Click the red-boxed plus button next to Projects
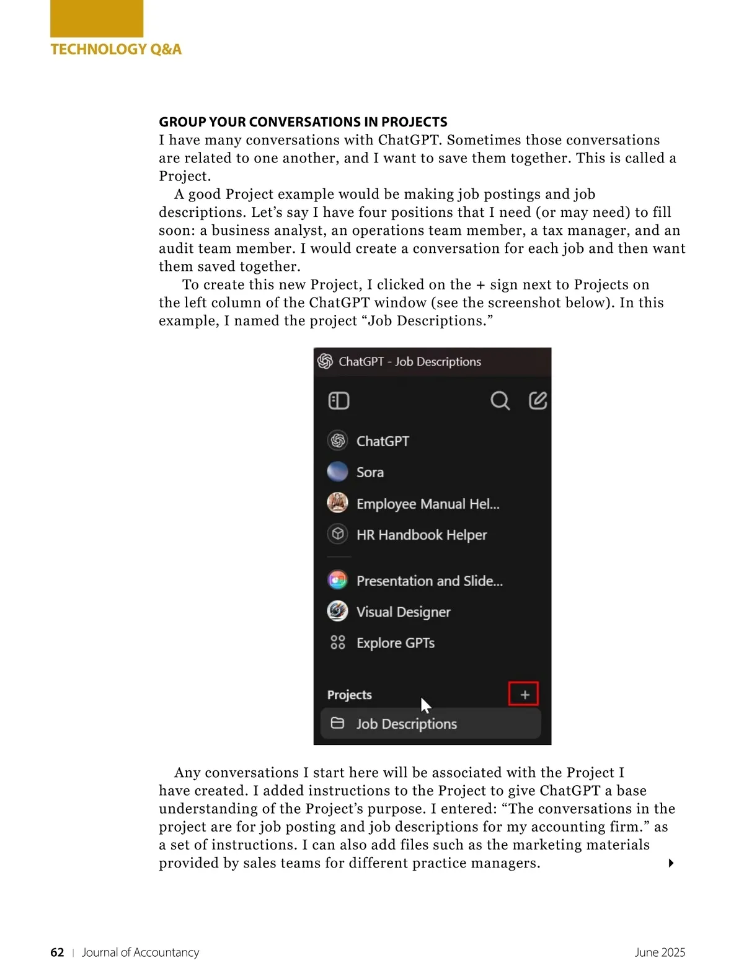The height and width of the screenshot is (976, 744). click(524, 694)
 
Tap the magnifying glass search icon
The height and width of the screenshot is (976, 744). click(500, 401)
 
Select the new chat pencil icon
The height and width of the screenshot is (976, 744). click(538, 401)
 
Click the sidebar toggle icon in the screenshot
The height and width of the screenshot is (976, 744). click(339, 401)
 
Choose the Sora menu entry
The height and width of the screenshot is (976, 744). click(370, 472)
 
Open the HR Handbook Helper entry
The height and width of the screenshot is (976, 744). click(422, 535)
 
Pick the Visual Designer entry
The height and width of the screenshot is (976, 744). click(403, 612)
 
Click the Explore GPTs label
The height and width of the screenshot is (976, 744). click(396, 643)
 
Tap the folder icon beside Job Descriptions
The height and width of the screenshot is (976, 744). click(337, 723)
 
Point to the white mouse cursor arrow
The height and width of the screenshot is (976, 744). click(425, 704)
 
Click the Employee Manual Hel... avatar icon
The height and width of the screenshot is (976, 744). click(337, 503)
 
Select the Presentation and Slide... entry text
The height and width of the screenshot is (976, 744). click(430, 581)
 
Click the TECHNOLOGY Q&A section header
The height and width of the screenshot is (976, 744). click(116, 50)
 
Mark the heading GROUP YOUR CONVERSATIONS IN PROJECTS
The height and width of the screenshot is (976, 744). click(303, 122)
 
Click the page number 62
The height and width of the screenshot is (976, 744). click(57, 952)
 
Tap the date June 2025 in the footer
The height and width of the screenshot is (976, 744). click(660, 952)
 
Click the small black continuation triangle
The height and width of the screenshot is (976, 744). click(671, 863)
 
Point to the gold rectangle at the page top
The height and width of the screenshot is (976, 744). click(97, 19)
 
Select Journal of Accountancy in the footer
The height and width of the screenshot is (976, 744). click(141, 952)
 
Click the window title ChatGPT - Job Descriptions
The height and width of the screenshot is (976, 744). click(410, 362)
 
